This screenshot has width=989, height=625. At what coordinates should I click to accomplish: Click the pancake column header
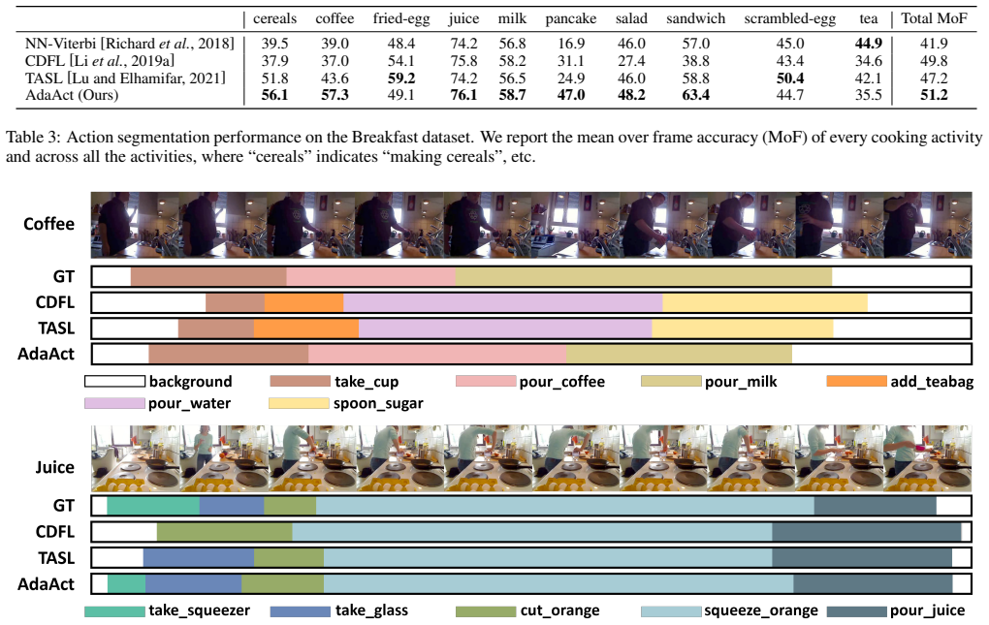[x=571, y=19]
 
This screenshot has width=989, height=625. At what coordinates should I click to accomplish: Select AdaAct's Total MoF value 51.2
[x=934, y=95]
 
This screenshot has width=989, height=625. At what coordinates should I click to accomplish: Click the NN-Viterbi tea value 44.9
[x=869, y=44]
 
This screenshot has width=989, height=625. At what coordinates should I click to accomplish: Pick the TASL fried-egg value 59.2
[x=401, y=78]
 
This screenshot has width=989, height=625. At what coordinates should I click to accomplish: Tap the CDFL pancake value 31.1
[x=571, y=61]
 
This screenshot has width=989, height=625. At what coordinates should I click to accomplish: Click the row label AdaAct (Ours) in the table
[x=72, y=95]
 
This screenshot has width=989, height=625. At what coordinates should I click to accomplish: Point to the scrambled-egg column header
[x=789, y=19]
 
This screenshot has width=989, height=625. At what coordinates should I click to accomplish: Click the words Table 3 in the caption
[x=32, y=138]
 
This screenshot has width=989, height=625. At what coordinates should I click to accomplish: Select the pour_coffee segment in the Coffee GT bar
[x=370, y=276]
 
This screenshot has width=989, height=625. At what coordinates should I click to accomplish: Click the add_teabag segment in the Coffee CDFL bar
[x=304, y=302]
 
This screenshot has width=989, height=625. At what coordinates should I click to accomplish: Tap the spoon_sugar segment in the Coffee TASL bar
[x=743, y=328]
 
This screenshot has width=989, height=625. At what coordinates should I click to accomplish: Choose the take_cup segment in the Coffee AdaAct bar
[x=228, y=354]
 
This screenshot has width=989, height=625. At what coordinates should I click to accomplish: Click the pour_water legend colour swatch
[x=114, y=403]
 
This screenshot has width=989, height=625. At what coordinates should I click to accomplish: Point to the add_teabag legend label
[x=932, y=382]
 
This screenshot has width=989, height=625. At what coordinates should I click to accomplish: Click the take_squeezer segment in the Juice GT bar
[x=153, y=506]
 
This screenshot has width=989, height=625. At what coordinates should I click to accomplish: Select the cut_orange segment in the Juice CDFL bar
[x=225, y=532]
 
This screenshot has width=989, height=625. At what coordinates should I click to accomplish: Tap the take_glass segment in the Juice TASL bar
[x=199, y=558]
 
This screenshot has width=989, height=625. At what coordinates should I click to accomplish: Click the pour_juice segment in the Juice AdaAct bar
[x=873, y=584]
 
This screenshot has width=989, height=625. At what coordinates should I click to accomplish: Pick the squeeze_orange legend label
[x=761, y=611]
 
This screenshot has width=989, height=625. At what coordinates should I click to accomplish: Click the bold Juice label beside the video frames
[x=54, y=467]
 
